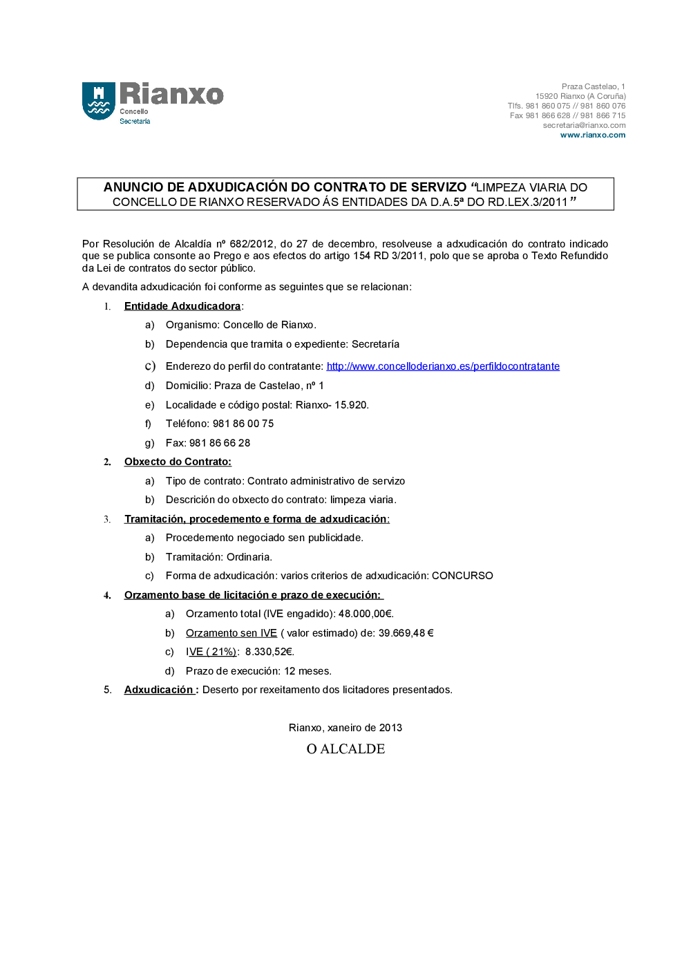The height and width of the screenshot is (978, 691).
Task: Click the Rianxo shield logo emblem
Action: pos(98,101)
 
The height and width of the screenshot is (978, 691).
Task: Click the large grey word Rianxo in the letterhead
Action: pos(171,94)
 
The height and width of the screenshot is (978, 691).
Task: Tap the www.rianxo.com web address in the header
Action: pos(592,135)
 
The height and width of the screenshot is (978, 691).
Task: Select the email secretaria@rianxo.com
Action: pos(584,126)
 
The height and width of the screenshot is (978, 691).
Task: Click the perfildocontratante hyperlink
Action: pos(443,366)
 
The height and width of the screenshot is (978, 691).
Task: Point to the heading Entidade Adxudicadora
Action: pos(182,306)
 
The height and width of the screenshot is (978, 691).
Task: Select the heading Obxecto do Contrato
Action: pos(178,462)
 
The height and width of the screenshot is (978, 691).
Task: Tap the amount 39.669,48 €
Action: pos(406,633)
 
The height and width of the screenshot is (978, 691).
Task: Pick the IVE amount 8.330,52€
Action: pos(269,652)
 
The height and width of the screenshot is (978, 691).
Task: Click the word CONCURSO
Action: pos(462,576)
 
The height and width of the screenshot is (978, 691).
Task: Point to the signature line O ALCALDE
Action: pos(345,749)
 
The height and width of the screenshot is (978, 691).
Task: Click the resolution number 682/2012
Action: pos(252,244)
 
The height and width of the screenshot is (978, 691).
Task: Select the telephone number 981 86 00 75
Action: pos(243,424)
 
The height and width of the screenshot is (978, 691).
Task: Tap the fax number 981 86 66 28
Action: pos(220,443)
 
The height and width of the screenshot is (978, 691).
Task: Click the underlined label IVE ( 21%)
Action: pos(211,652)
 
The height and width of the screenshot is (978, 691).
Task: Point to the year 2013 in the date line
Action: pos(390,728)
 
